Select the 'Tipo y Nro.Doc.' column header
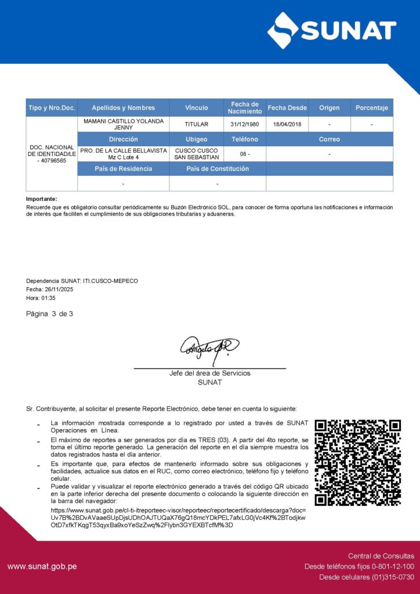coord(52,108)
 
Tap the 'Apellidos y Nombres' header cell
coord(123,108)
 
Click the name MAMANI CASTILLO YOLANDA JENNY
coord(123,124)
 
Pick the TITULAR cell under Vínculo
coord(196,124)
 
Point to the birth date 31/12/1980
coord(244,124)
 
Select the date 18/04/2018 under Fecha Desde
coord(287,124)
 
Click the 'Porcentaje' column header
coord(371,108)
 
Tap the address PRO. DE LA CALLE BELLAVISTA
coord(123,150)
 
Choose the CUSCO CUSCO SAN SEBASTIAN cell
coord(196,154)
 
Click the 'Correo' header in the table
coord(329,139)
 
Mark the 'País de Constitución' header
coord(218,169)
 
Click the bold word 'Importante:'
coord(42,199)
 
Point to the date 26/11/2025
coord(57,289)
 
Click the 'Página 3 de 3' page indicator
coord(50,314)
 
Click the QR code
coord(357,463)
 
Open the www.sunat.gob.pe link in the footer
coord(42,567)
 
